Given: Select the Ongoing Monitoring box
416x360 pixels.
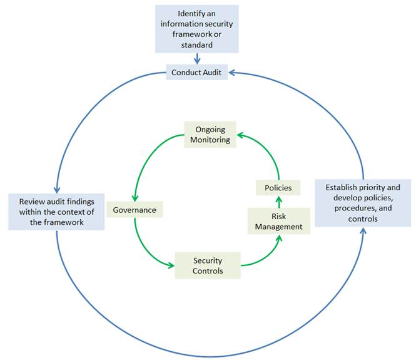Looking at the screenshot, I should coord(210,135).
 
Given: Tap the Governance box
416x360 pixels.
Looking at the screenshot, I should coord(134,210).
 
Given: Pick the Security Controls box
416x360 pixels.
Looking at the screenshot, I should coord(207,265).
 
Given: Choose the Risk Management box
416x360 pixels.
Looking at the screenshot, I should coord(278,221).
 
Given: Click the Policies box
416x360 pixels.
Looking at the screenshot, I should coord(278,187).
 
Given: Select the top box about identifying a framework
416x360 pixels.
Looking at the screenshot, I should coord(197,29).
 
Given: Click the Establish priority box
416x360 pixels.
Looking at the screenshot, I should coord(362,203).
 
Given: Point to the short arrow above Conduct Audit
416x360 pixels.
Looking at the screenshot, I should coord(198,59).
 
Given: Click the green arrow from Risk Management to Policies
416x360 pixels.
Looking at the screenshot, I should coord(279,201).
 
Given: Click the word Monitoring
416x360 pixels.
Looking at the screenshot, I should coord(210,140).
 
